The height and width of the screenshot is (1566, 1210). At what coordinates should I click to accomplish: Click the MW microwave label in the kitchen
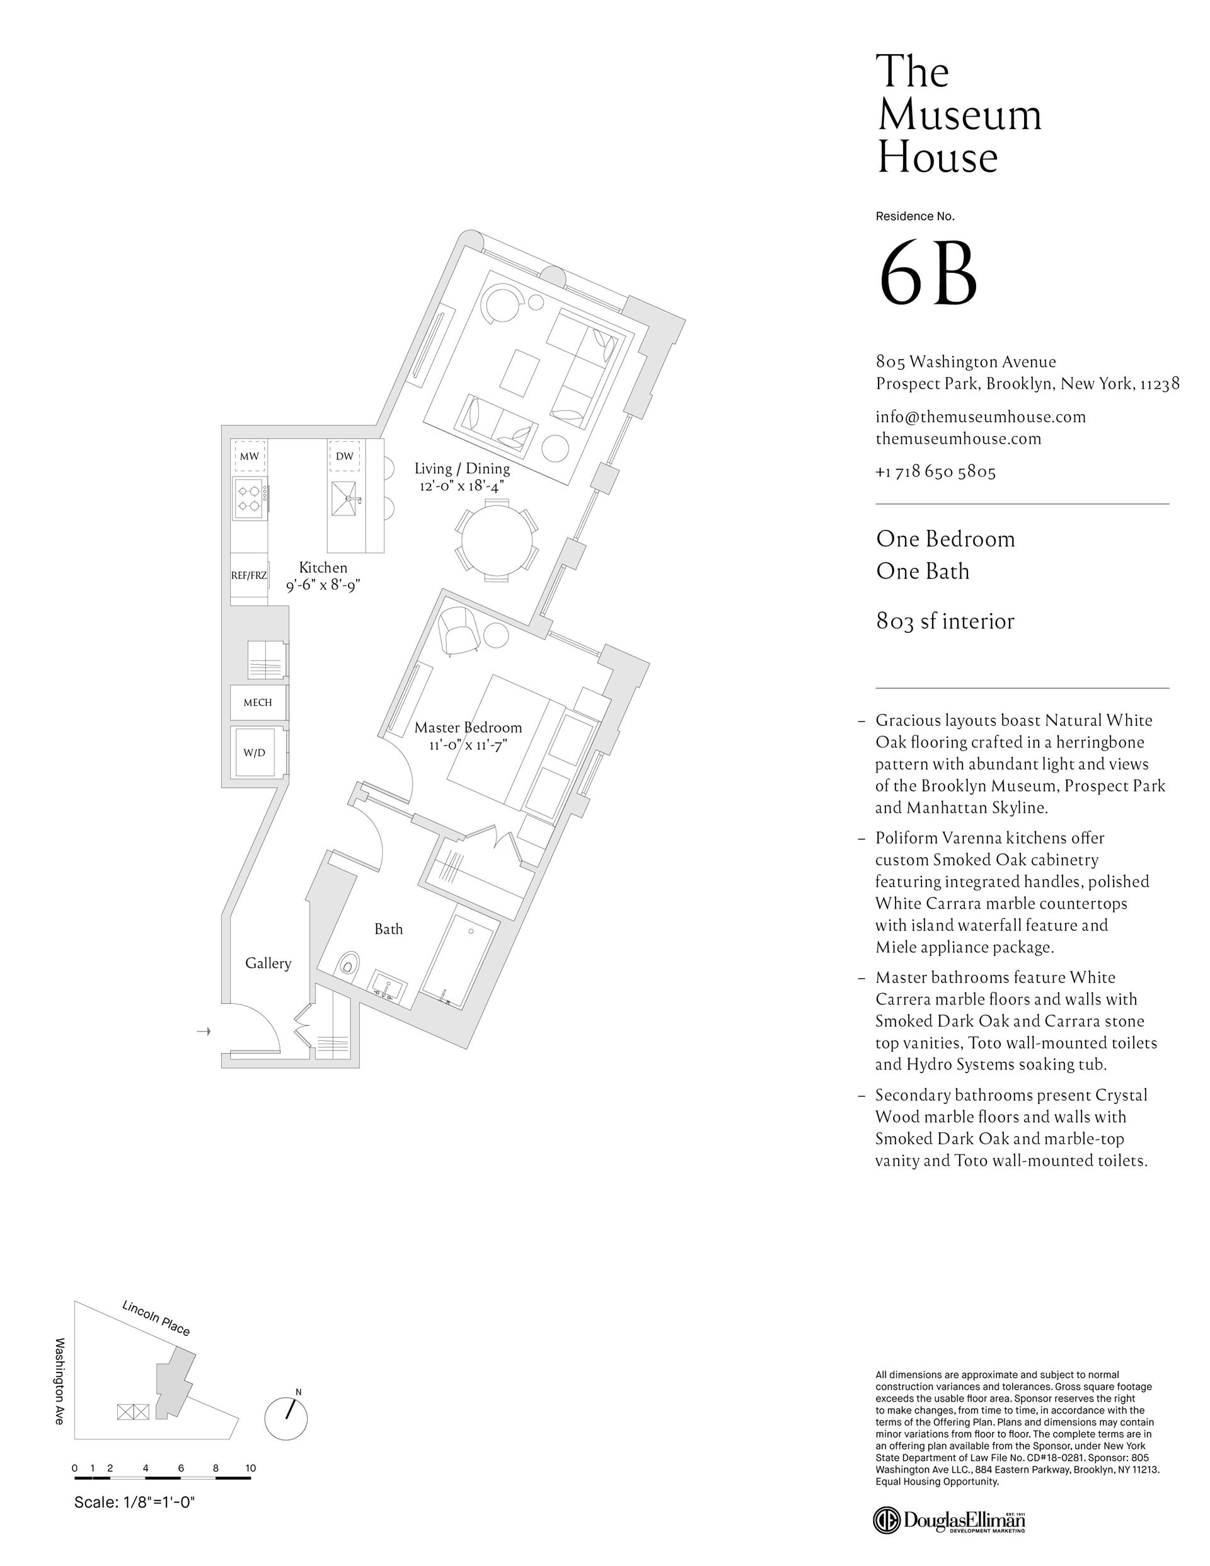click(x=250, y=456)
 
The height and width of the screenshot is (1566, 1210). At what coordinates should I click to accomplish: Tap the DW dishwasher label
click(x=344, y=456)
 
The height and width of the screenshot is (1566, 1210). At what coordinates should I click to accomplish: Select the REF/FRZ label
click(x=249, y=575)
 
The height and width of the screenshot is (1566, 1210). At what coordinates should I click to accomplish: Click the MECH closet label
click(x=258, y=703)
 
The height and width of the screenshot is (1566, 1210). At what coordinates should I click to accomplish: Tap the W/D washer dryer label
click(x=254, y=753)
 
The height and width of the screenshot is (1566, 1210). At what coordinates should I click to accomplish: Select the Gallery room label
click(x=268, y=963)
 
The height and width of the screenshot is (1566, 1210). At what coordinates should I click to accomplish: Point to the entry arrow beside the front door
click(x=204, y=1031)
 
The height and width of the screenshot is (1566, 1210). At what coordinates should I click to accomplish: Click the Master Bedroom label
click(x=468, y=728)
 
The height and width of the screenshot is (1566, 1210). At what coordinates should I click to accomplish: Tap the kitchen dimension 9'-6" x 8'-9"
click(x=323, y=585)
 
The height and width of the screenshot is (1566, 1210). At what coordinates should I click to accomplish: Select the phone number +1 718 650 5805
click(x=935, y=472)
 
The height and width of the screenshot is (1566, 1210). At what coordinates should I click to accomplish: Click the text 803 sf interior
click(x=945, y=621)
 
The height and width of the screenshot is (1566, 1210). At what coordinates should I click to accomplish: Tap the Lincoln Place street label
click(x=156, y=1318)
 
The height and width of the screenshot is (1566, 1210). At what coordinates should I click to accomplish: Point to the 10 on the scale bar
click(x=250, y=1468)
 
